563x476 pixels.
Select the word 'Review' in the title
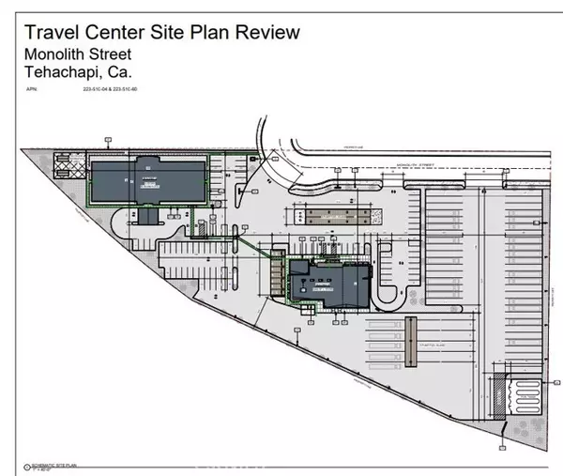point(266,32)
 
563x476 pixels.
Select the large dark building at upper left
point(148,177)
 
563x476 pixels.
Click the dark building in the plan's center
point(325,282)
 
